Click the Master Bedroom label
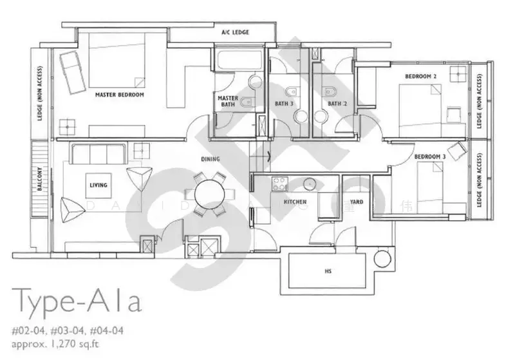(x=119, y=95)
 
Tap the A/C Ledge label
(x=235, y=32)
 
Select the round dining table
(x=209, y=193)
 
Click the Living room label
(x=98, y=185)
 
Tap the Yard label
(x=356, y=202)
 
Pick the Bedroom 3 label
(x=430, y=156)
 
